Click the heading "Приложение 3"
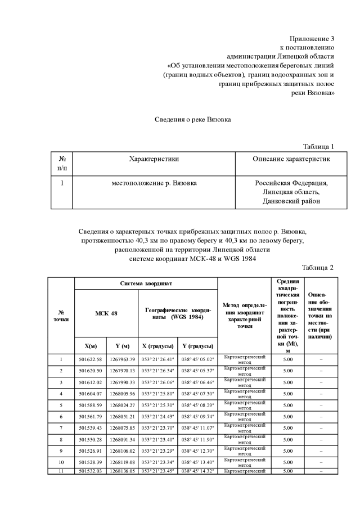pyautogui.click(x=312, y=39)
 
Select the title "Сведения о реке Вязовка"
pyautogui.click(x=193, y=120)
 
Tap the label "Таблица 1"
pyautogui.click(x=318, y=146)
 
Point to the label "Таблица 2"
pyautogui.click(x=318, y=267)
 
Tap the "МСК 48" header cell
pyautogui.click(x=106, y=313)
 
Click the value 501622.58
pyautogui.click(x=91, y=359)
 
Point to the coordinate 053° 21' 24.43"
pyautogui.click(x=157, y=416)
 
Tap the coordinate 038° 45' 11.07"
pyautogui.click(x=197, y=427)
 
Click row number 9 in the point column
pyautogui.click(x=61, y=451)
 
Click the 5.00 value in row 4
pyautogui.click(x=288, y=393)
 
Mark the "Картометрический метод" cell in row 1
pyautogui.click(x=245, y=359)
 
